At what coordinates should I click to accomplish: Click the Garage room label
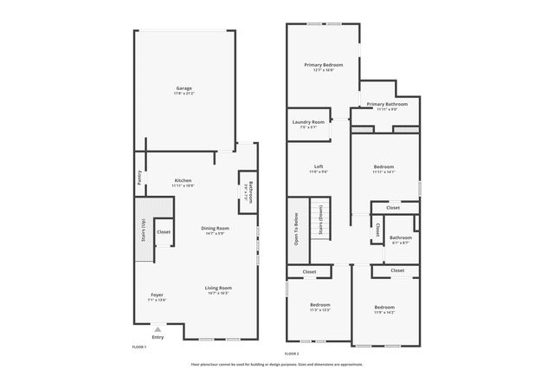(184, 89)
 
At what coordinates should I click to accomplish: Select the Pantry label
(139, 178)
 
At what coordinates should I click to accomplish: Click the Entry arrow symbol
(158, 330)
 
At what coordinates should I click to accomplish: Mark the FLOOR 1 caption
(138, 347)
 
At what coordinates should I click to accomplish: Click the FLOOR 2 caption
(292, 354)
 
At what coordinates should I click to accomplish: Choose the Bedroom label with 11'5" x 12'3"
(320, 307)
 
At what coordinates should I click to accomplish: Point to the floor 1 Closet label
(163, 232)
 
